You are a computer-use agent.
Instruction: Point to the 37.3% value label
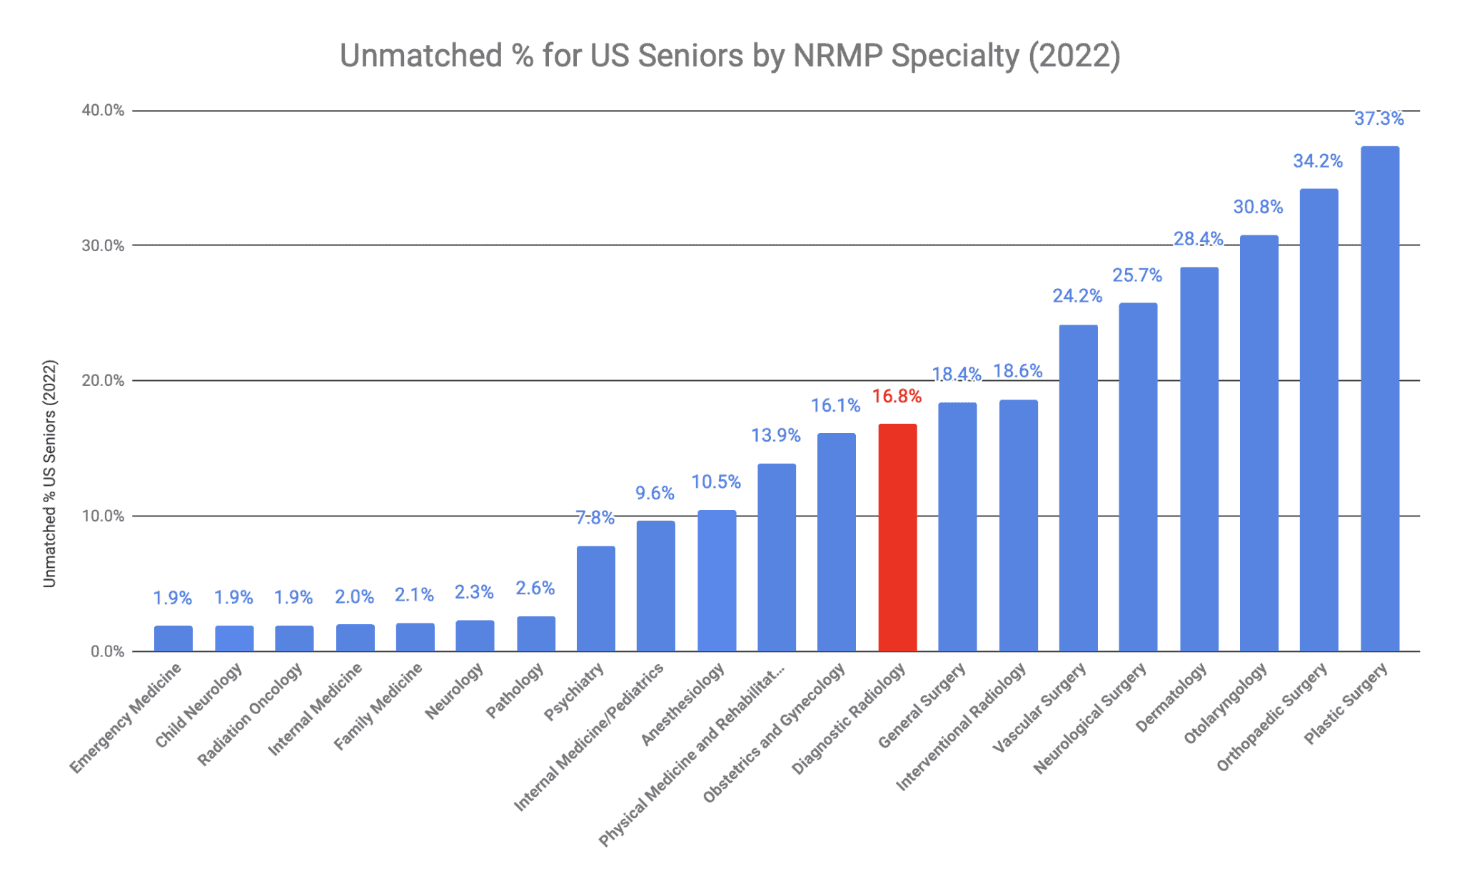click(1378, 119)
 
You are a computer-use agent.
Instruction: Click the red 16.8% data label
click(897, 396)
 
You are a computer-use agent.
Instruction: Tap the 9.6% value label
click(655, 493)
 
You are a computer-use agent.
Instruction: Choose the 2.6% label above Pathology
click(535, 588)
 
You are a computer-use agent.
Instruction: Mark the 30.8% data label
click(1258, 207)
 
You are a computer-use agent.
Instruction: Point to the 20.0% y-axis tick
click(103, 380)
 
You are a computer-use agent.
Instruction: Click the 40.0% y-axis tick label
click(103, 111)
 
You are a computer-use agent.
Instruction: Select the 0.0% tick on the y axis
click(107, 651)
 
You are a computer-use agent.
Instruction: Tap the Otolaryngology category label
click(1225, 703)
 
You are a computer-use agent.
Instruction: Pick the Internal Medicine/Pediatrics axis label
click(588, 737)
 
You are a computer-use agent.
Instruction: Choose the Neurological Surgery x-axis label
click(1089, 718)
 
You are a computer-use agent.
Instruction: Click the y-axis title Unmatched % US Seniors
click(49, 474)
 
